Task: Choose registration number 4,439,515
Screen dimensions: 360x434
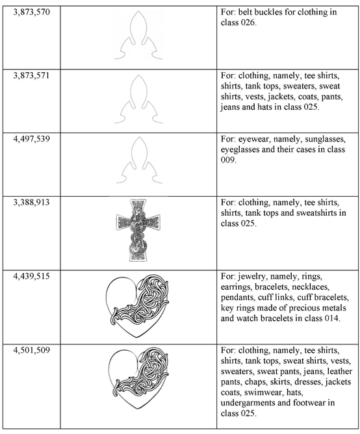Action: (x=30, y=276)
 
